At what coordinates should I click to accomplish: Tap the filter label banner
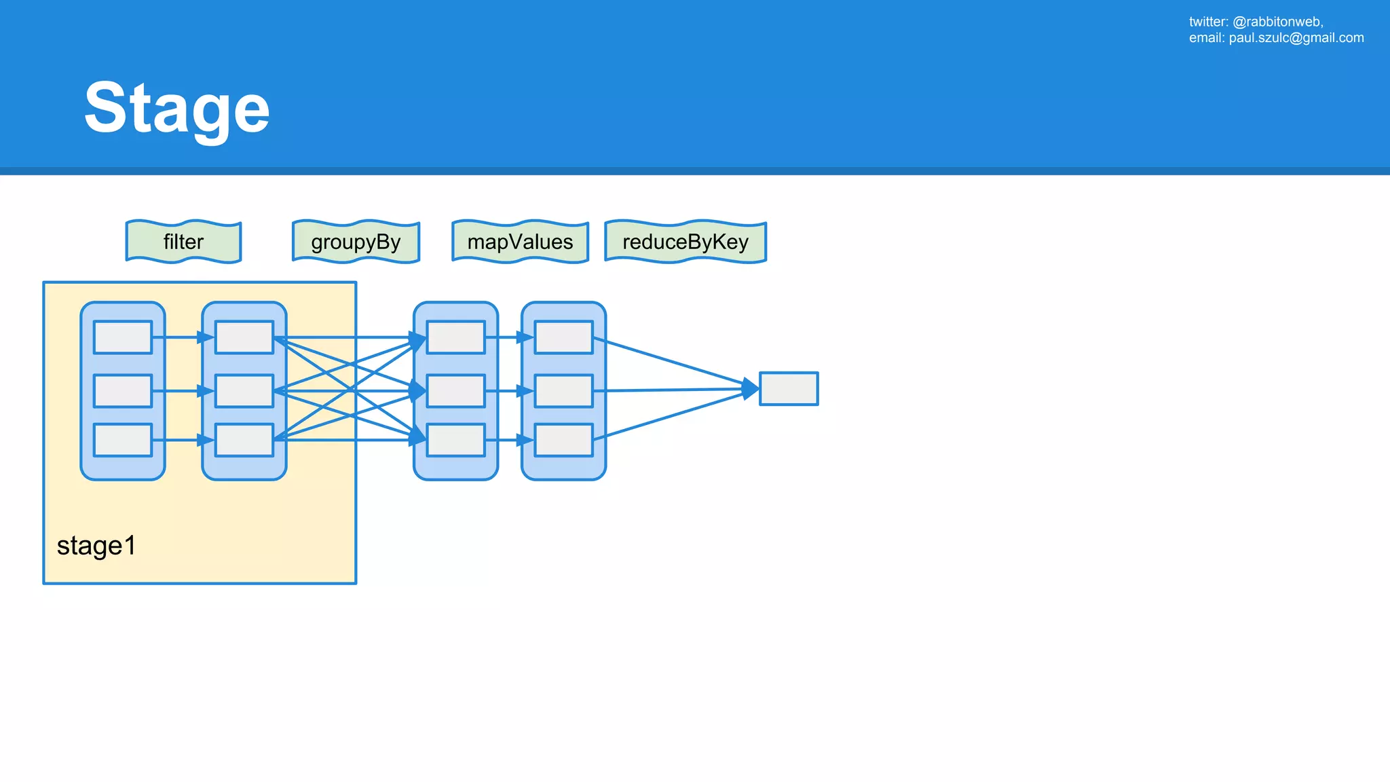pos(183,242)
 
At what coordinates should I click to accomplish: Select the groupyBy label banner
pos(356,242)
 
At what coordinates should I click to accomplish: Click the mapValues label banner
pos(520,242)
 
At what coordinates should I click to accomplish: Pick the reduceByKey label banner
pos(685,242)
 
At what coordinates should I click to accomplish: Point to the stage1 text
pos(96,546)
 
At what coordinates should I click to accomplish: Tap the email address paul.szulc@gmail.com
pos(1296,38)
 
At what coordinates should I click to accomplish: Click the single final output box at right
pos(788,389)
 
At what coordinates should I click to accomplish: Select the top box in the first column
pos(123,337)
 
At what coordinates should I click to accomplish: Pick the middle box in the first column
pos(123,391)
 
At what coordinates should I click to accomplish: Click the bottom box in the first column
pos(123,440)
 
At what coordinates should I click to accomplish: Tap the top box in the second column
pos(244,337)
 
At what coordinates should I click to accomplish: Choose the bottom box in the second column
pos(244,440)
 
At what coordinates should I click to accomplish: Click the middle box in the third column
pos(455,391)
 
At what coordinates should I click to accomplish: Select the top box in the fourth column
pos(563,337)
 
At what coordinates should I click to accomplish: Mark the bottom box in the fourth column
pos(563,440)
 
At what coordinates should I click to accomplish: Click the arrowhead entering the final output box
pos(751,389)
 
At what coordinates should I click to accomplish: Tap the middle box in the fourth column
pos(563,391)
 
